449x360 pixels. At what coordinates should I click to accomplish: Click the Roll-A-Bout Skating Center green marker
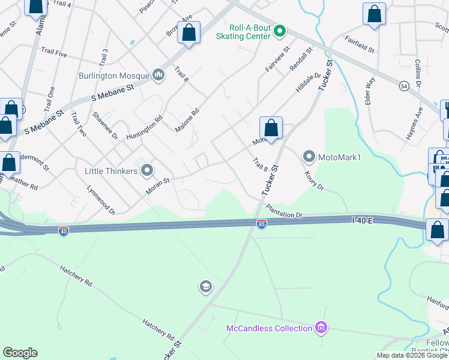(279, 31)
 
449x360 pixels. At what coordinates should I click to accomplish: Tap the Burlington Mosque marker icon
(158, 74)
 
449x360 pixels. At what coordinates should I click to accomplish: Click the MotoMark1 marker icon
(309, 157)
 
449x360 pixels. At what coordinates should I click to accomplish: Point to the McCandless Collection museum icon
(321, 328)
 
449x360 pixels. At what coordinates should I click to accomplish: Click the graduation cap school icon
(206, 287)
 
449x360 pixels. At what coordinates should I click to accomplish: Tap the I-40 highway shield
(64, 230)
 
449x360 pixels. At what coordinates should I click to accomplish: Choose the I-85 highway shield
(262, 224)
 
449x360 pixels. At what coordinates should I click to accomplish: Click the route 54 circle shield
(405, 86)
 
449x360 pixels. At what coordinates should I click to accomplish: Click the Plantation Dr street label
(285, 211)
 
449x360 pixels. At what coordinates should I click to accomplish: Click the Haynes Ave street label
(414, 124)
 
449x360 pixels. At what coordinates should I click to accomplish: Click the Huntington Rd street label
(145, 128)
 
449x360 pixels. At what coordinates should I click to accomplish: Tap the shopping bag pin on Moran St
(271, 128)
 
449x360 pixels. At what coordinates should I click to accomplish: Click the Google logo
(20, 353)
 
